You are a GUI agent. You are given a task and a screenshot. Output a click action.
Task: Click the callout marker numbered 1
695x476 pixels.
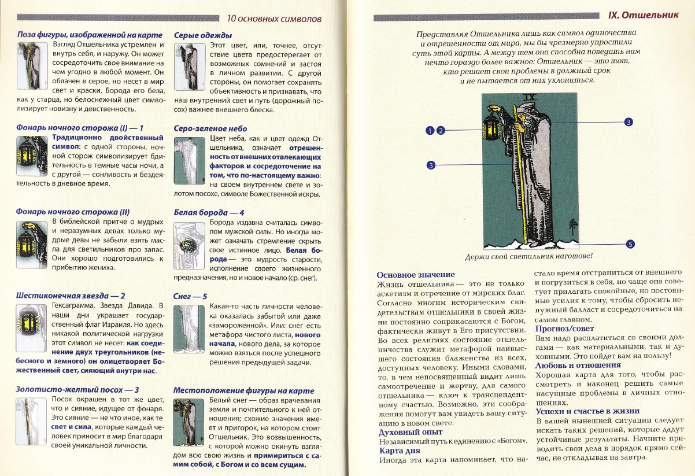pyautogui.click(x=430, y=131)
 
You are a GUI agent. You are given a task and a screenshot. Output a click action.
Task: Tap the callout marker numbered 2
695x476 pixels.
pyautogui.click(x=440, y=131)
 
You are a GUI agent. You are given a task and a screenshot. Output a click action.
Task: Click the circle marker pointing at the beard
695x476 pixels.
pyautogui.click(x=629, y=122)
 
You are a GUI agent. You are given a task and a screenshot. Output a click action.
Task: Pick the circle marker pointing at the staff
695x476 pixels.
pyautogui.click(x=430, y=165)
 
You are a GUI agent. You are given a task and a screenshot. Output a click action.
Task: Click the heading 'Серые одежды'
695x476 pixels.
pyautogui.click(x=203, y=35)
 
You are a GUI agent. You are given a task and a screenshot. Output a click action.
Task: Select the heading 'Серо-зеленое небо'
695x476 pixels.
pyautogui.click(x=210, y=128)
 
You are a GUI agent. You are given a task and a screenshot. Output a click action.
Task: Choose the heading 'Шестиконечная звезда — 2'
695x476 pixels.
pyautogui.click(x=71, y=296)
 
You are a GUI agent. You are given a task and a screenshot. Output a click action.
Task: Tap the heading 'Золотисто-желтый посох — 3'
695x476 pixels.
pyautogui.click(x=77, y=390)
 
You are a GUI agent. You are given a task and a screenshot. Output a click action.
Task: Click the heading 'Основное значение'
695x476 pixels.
pyautogui.click(x=416, y=275)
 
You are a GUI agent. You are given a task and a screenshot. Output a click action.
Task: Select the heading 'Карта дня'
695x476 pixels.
pyautogui.click(x=400, y=451)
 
